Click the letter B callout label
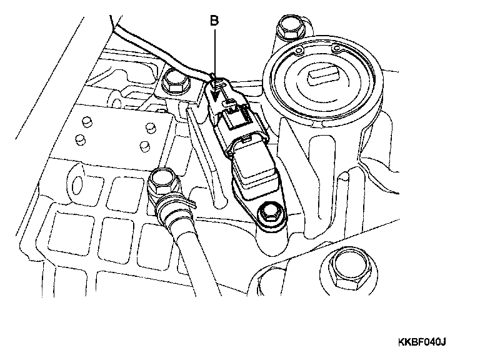coord(214,21)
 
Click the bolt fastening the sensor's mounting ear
coord(271,212)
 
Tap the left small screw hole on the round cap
coord(299,51)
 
